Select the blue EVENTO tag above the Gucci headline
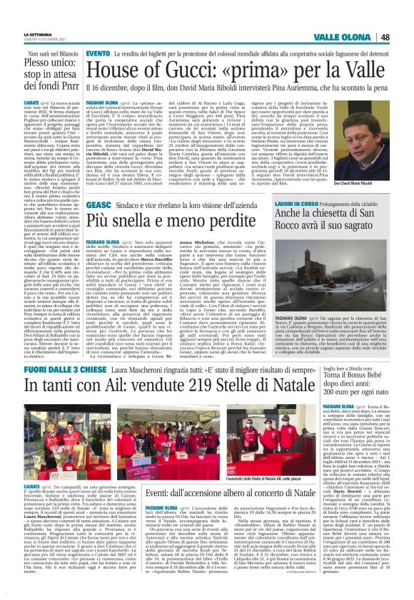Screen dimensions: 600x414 coord(98,54)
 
